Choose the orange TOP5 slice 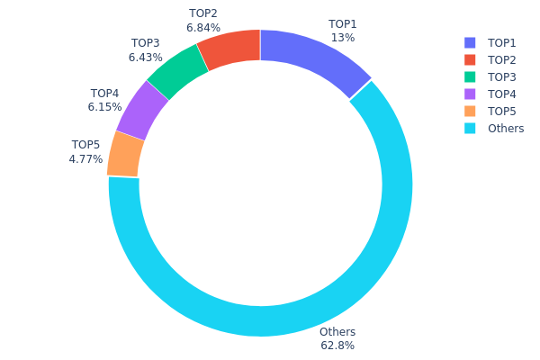point(125,154)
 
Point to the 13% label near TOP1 point(343,38)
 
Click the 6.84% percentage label point(203,28)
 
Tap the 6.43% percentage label point(146,57)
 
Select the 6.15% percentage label point(104,107)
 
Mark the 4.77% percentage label point(85,159)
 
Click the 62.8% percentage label point(337,346)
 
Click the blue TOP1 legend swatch point(470,43)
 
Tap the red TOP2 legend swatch point(470,60)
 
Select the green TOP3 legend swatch point(470,77)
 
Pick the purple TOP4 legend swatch point(470,94)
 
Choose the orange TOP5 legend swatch point(470,112)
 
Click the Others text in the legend point(506,129)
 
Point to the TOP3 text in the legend point(502,77)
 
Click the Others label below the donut point(337,332)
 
